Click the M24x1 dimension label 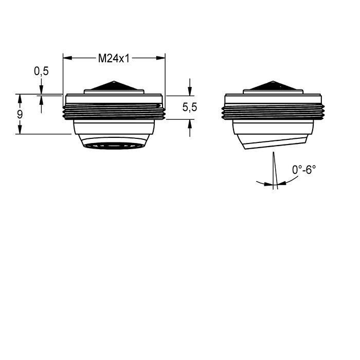pos(114,58)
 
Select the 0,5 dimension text pos(41,71)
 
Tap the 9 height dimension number pos(20,114)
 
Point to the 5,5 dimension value pos(190,107)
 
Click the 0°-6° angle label pos(304,170)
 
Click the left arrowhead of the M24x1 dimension pos(67,58)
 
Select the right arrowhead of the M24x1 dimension pos(160,58)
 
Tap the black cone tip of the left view pos(114,85)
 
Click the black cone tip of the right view pos(273,85)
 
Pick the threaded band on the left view pos(114,112)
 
